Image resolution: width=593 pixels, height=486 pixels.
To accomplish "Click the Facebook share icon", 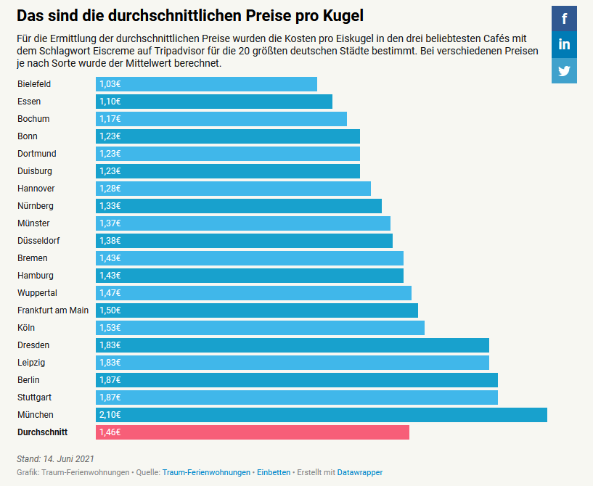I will pos(564,18).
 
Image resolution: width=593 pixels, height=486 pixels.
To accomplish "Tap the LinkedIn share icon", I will pos(564,44).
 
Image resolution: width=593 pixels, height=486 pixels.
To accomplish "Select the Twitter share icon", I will pos(564,70).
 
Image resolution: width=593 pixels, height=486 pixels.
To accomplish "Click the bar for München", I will pos(321,415).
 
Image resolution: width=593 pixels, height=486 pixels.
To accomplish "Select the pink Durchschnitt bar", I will pos(252,432).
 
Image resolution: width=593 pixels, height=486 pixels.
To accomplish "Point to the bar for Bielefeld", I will pos(206,84).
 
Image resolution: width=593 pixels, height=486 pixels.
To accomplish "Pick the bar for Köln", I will pos(260,328).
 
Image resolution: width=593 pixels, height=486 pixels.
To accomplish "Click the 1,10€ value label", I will pos(110,102).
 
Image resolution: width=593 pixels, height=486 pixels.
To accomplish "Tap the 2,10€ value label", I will pos(110,415).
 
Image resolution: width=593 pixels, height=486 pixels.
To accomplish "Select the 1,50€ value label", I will pos(110,310).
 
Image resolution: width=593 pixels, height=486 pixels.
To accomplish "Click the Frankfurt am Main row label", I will pos(53,310).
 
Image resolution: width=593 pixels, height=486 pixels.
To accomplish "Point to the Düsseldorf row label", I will pos(38,241).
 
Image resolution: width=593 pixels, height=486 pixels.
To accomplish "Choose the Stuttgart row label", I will pos(36,398).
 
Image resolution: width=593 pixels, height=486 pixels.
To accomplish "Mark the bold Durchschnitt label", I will pos(42,432).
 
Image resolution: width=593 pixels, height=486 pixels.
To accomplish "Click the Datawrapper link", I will pos(359,472).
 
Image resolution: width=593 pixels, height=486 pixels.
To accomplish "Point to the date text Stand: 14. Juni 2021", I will pos(55,458).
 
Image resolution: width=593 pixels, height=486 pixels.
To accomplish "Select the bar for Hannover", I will pos(233,189).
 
